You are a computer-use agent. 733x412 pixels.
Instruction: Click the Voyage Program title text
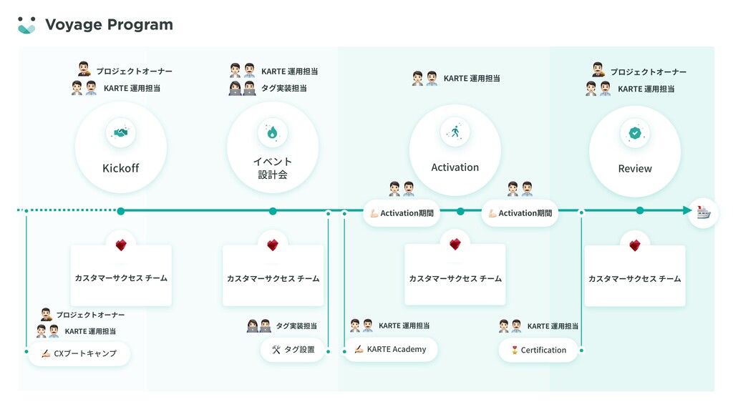pos(109,25)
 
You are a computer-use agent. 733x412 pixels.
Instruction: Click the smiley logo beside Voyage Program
pos(26,25)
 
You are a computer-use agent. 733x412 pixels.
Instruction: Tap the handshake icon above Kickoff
pos(120,133)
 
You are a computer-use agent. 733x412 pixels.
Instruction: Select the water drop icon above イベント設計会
pos(273,132)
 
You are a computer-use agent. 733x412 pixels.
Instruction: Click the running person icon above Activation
pos(455,132)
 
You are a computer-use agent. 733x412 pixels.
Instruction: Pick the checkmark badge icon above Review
pos(634,133)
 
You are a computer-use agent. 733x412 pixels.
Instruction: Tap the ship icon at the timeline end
pos(703,212)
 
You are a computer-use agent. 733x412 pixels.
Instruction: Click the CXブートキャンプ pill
pos(79,353)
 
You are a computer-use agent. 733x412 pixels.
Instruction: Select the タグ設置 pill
pos(293,350)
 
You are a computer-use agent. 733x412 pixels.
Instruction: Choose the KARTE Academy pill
pos(390,350)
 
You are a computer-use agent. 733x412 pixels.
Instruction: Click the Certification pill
pos(538,350)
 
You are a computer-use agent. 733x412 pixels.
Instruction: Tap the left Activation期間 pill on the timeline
pos(402,213)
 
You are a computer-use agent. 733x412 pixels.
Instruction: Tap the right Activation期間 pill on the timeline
pos(520,213)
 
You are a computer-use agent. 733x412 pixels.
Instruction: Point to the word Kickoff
pos(120,169)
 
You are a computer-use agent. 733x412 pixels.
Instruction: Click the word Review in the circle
pos(635,169)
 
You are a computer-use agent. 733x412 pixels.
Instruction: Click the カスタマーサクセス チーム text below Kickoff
pos(121,278)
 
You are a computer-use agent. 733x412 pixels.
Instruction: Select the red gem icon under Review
pos(635,245)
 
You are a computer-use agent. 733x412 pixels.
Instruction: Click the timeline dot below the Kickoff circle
pos(121,211)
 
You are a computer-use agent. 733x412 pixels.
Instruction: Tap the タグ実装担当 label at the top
pos(284,89)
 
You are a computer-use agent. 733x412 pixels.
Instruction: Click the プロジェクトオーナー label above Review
pos(648,72)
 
